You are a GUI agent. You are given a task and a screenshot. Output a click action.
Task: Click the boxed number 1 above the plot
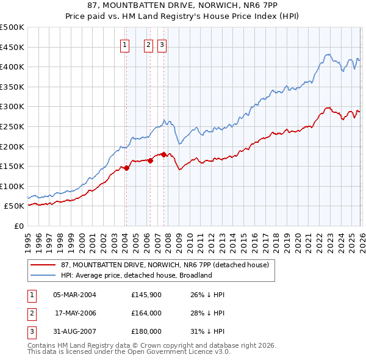[125, 44]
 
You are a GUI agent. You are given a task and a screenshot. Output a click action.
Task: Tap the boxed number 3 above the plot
[162, 44]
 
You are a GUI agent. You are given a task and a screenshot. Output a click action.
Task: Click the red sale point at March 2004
[126, 168]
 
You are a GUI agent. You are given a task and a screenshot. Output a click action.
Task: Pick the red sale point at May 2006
[150, 160]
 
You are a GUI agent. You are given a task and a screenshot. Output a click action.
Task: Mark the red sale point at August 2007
[163, 154]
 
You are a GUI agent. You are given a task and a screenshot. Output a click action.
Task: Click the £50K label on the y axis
[15, 206]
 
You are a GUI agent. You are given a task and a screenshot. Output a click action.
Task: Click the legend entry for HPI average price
[135, 275]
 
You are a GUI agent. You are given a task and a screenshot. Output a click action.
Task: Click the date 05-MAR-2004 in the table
[74, 295]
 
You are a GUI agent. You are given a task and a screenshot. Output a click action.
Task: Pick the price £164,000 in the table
[146, 313]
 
